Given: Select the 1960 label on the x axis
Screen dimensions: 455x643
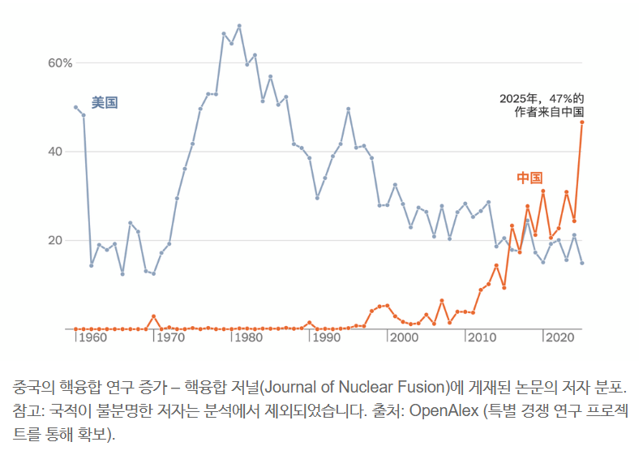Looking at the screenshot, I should (94, 337).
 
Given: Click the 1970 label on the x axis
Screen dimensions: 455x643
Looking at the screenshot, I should (172, 337).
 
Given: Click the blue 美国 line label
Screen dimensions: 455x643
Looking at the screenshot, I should (105, 103).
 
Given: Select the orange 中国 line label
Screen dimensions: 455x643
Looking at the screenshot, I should (529, 178).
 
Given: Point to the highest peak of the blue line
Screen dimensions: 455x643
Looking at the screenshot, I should (239, 26).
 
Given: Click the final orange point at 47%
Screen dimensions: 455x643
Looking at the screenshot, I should (582, 122).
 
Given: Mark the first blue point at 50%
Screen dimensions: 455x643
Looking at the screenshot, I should (75, 107).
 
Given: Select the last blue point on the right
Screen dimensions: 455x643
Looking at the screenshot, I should (582, 263).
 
